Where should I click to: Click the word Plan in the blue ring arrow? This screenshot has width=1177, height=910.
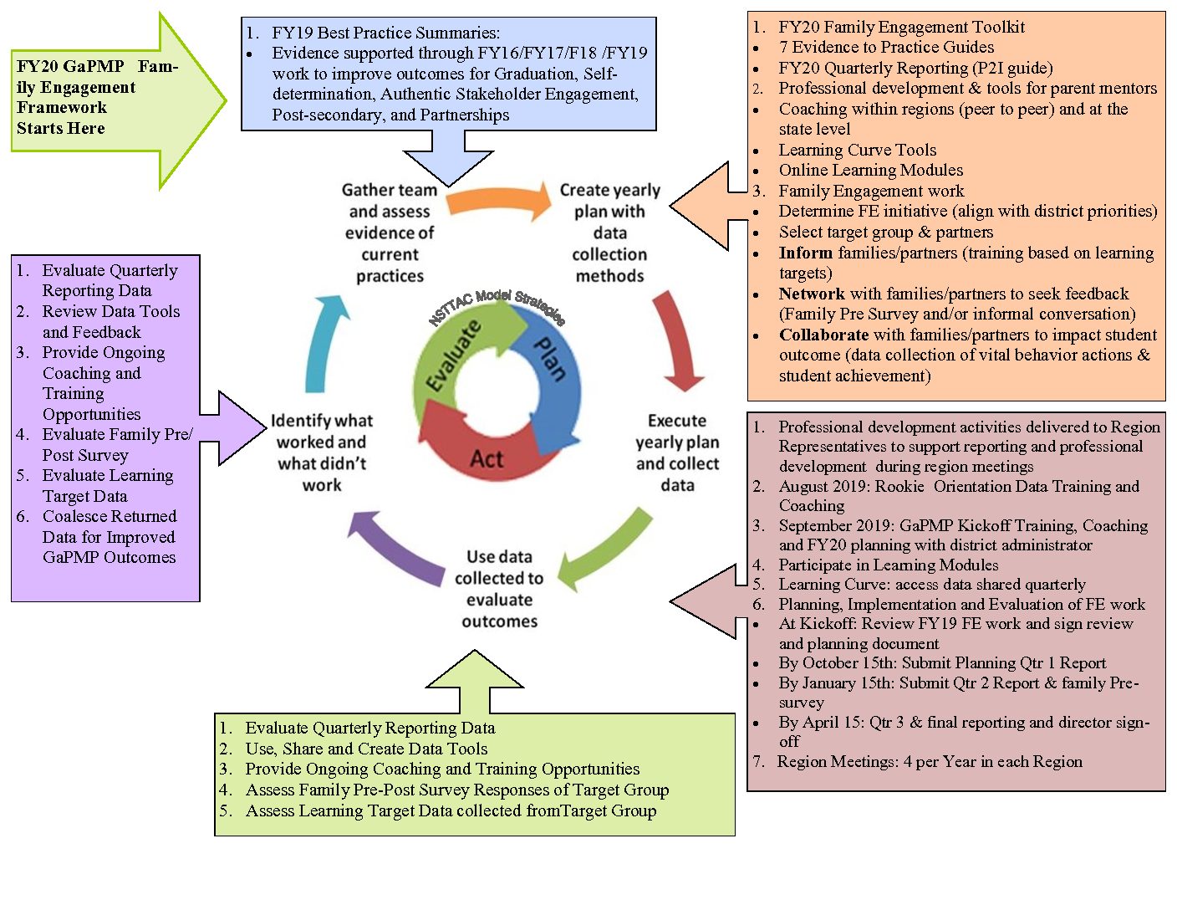tap(550, 359)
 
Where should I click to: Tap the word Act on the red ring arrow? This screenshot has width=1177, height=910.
tap(487, 459)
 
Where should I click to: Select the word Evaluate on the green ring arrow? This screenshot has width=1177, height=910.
tap(454, 355)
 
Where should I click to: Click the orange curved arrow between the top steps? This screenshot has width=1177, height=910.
tap(498, 201)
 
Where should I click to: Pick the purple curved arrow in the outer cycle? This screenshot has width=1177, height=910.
tap(395, 547)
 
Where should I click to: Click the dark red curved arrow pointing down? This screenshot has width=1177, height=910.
tap(676, 339)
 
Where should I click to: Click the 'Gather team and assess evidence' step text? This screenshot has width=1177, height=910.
tap(390, 233)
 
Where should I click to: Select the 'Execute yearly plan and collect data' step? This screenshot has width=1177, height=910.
tap(677, 452)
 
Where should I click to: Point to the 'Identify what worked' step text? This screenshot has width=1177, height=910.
tap(322, 452)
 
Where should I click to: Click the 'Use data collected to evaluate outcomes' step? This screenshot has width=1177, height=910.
tap(499, 589)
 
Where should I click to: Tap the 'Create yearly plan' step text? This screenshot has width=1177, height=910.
tap(610, 233)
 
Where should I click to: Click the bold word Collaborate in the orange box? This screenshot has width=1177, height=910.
tap(823, 335)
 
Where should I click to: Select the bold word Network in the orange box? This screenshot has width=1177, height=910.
tap(812, 294)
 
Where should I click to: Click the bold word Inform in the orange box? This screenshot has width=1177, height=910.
tap(806, 253)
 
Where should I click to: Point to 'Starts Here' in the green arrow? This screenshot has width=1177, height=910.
tap(61, 129)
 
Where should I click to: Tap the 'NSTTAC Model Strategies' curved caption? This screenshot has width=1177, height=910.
tap(497, 307)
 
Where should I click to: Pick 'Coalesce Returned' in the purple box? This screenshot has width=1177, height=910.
tap(110, 516)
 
